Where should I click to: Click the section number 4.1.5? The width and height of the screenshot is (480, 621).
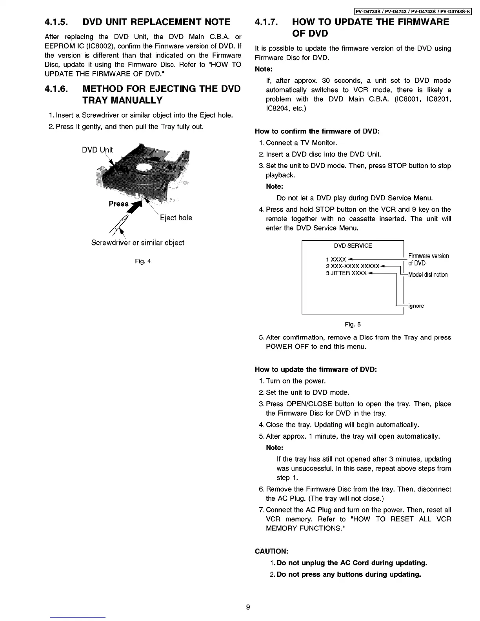[58, 22]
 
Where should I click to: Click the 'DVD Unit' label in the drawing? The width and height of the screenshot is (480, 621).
[97, 150]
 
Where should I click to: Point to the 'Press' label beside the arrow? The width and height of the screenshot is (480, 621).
[118, 204]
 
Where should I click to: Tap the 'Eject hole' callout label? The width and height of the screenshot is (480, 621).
[176, 218]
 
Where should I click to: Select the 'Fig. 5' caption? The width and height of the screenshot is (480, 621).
[353, 324]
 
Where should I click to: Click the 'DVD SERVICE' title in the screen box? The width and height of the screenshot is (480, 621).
[353, 246]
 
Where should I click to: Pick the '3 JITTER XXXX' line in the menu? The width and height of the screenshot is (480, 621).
[346, 273]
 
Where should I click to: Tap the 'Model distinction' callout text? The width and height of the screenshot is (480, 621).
[428, 274]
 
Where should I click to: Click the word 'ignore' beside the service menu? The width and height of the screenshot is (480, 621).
[416, 306]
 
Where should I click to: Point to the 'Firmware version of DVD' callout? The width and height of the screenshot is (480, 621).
[428, 260]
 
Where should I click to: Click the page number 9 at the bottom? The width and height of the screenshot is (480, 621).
[248, 608]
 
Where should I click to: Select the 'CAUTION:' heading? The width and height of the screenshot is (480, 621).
[272, 551]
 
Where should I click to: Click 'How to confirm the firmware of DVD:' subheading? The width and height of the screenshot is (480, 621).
[317, 131]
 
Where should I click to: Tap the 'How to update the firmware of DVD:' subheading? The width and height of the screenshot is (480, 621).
[316, 370]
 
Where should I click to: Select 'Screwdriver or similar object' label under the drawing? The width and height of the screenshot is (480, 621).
[138, 243]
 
